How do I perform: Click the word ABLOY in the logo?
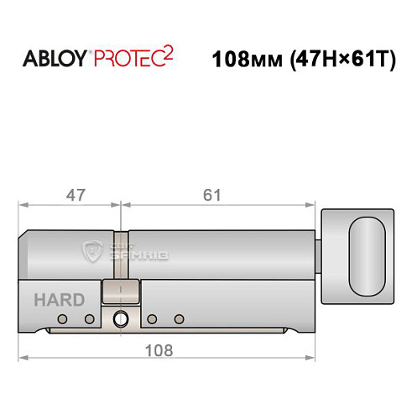52,60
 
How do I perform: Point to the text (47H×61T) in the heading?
340,60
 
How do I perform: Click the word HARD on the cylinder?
58,300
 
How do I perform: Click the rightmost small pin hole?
178,319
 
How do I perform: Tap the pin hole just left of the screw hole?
88,319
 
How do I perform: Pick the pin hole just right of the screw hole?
152,319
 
